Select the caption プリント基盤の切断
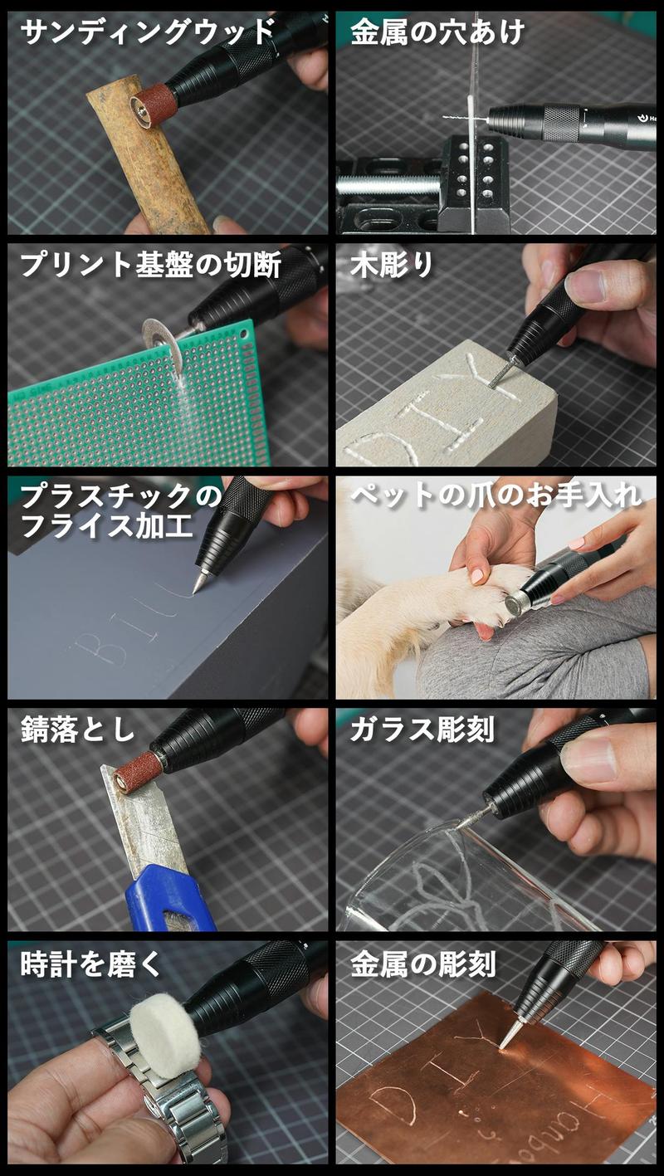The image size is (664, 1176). click(150, 265)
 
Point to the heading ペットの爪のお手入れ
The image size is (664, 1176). click(496, 495)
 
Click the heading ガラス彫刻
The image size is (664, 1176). click(422, 730)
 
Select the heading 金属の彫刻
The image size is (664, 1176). click(423, 964)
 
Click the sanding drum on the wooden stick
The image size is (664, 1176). click(154, 105)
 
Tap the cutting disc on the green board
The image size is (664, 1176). click(163, 344)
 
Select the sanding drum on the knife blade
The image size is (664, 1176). click(137, 771)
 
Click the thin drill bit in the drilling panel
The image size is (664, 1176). click(455, 117)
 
